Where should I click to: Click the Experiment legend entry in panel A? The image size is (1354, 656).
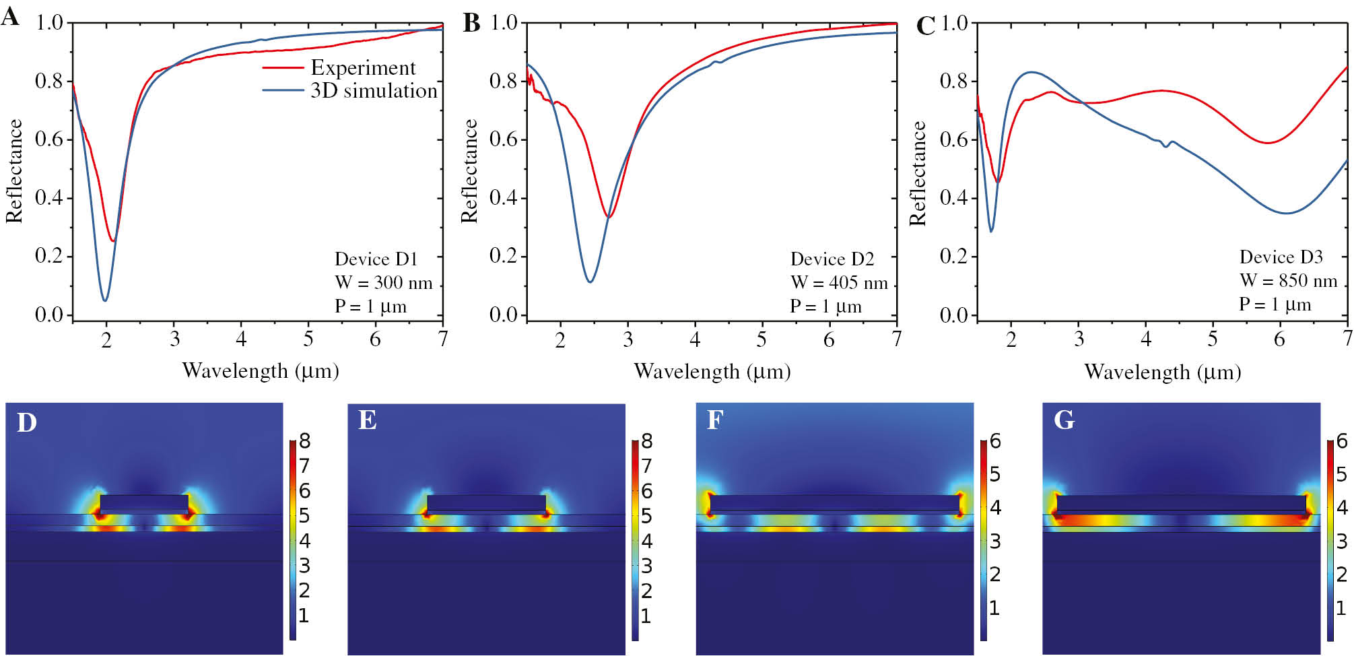tap(362, 67)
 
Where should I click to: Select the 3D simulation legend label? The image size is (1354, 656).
tap(374, 90)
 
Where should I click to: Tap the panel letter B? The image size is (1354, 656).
tap(471, 23)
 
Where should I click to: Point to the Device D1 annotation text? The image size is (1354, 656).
tap(376, 259)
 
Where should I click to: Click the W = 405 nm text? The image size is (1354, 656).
tap(838, 283)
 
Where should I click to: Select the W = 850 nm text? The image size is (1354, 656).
tap(1288, 281)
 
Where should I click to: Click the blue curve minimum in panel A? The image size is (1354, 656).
tap(105, 300)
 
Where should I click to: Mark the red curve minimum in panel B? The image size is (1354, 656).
tap(609, 217)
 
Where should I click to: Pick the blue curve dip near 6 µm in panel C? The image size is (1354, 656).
tap(1286, 213)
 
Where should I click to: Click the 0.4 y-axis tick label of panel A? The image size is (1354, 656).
tap(48, 197)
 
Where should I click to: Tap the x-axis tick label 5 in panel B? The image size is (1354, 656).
tap(761, 339)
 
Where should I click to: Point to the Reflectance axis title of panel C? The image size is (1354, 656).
tap(918, 172)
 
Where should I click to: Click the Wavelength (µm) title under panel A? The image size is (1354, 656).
tap(261, 370)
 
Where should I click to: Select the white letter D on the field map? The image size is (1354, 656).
tap(26, 423)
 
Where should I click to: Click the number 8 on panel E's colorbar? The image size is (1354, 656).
tap(646, 441)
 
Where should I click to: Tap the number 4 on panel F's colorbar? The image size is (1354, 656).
tap(995, 508)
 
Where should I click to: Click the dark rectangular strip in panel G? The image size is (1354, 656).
tap(1181, 503)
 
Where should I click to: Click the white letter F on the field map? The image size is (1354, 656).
tap(714, 420)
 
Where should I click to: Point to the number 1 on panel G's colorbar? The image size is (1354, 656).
tap(1341, 608)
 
